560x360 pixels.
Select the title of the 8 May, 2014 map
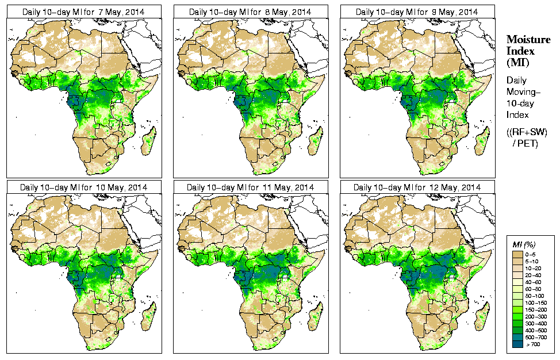(250, 12)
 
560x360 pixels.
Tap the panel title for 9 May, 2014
(417, 12)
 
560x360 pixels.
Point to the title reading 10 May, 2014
(83, 187)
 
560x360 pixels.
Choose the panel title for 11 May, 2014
(250, 187)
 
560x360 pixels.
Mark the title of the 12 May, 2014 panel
(417, 187)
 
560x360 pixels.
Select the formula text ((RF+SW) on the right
(526, 132)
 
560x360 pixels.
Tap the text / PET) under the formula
(526, 143)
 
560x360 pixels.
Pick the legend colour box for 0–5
(516, 254)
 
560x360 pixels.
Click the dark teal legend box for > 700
(516, 344)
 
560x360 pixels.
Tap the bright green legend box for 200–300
(516, 316)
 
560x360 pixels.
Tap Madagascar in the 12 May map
(482, 316)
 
